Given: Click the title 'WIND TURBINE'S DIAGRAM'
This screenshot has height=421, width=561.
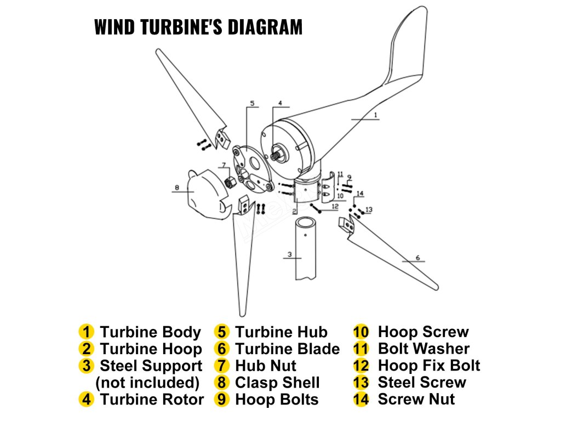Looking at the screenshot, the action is tap(198, 27).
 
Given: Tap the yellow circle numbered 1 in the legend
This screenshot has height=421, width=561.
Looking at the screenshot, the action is tap(86, 332).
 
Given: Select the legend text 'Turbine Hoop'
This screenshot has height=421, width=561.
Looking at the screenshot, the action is tap(151, 349).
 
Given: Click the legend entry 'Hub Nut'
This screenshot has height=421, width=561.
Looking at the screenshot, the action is tap(265, 366).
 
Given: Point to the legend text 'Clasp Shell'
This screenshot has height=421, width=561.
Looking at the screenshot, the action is tap(277, 383).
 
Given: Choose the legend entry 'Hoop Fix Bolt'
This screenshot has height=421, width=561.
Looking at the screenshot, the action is tap(428, 366).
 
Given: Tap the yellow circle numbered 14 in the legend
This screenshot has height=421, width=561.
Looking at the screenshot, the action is tap(361, 400).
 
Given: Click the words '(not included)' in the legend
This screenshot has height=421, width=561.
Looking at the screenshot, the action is tap(147, 383).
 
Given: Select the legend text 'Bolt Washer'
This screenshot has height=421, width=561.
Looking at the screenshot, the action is tap(423, 349).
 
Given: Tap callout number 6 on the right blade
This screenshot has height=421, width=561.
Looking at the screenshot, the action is tap(417, 257).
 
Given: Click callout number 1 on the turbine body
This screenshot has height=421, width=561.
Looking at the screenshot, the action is tap(375, 115).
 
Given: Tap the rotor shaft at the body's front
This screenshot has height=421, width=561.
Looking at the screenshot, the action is tap(280, 150).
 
